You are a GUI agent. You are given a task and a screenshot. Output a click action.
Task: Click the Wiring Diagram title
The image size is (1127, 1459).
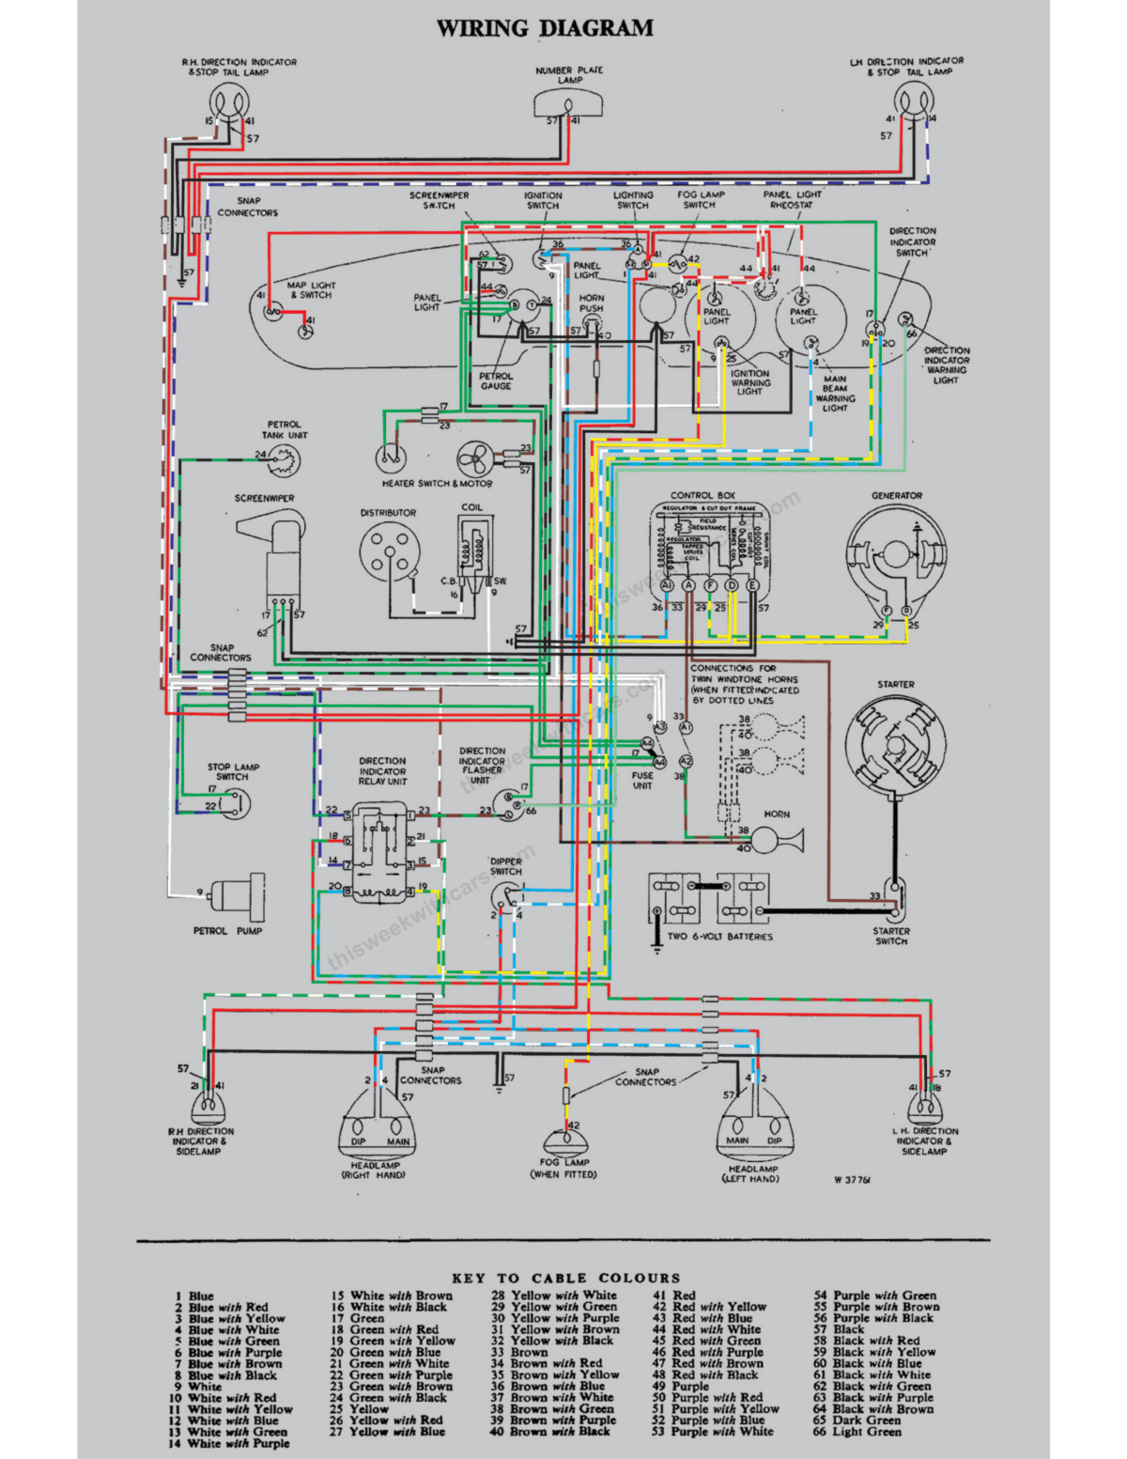point(545,28)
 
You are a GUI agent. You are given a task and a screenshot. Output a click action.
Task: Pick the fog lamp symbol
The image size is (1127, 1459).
point(564,1142)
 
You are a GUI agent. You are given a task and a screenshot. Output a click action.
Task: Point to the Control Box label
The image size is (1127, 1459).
point(702,495)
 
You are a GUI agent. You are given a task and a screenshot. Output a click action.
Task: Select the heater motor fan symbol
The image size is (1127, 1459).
point(475,460)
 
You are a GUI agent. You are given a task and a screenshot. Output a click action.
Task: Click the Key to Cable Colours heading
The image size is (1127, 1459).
point(565,1278)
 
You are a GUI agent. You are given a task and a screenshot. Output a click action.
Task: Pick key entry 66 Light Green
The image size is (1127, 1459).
point(857,1431)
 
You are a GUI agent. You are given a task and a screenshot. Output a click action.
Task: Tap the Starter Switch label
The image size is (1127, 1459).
point(891,936)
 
